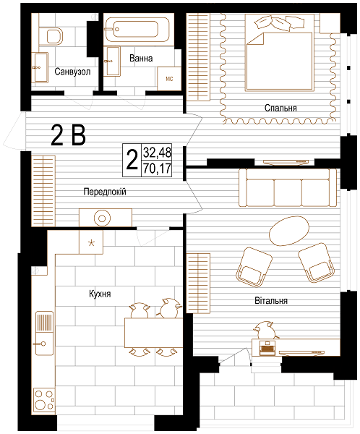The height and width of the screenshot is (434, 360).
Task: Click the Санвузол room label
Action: point(72,72)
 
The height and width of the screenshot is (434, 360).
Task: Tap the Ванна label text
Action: point(141,58)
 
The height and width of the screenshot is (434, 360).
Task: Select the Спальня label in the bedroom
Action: point(280,108)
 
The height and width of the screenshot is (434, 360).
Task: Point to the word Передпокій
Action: point(105,192)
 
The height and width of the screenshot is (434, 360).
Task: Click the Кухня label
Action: point(100,294)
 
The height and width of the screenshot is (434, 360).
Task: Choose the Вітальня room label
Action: point(271,301)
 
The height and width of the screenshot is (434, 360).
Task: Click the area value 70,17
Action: point(157,169)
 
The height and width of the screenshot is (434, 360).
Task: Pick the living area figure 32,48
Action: point(157,152)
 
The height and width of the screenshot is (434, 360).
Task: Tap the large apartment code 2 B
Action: point(69,136)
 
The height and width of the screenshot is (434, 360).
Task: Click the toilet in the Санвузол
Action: point(52,36)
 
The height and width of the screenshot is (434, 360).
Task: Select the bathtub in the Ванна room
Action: point(137,30)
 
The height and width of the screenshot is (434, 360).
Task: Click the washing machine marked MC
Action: point(169,79)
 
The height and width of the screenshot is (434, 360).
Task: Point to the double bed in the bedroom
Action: point(280,53)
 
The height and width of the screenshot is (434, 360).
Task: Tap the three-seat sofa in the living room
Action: point(288,187)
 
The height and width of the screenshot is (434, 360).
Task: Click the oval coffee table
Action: point(289,231)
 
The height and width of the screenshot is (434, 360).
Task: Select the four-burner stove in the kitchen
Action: point(44,401)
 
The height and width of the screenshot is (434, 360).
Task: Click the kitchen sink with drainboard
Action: point(44,333)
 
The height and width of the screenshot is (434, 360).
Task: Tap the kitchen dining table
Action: point(153,333)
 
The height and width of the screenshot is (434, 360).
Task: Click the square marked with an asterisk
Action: point(91,242)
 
